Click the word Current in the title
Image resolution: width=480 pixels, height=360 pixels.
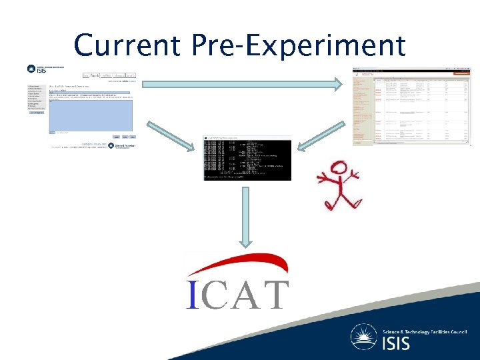[127, 45]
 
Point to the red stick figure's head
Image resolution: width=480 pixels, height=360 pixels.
[339, 170]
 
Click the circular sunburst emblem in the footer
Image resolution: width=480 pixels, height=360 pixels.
[365, 337]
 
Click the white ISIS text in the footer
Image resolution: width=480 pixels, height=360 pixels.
[397, 344]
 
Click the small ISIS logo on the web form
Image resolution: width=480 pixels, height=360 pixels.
[36, 69]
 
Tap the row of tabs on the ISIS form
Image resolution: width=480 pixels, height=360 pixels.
[109, 76]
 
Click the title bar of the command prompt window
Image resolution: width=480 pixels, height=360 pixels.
[247, 137]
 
